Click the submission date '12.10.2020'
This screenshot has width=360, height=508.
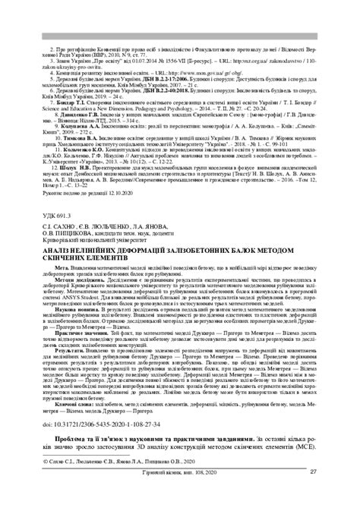(109, 199)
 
